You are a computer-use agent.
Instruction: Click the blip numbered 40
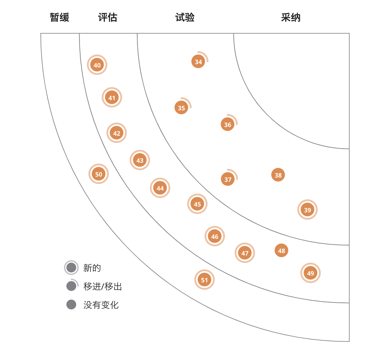pos(97,65)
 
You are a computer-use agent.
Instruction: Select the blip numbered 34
pos(198,61)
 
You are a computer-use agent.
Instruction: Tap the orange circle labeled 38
pos(278,175)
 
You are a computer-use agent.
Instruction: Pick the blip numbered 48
pos(281,250)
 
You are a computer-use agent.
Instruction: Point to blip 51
pos(205,280)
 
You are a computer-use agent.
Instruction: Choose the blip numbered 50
pos(99,174)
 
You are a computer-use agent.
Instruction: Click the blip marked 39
pos(308,210)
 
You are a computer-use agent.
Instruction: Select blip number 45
pos(197,204)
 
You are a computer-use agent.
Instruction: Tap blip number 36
pos(228,124)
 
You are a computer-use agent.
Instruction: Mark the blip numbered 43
pos(140,160)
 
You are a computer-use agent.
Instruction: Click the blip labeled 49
pos(310,273)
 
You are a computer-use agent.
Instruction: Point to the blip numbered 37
pos(228,179)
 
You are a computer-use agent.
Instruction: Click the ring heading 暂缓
pos(60,17)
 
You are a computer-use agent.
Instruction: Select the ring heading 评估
pos(108,17)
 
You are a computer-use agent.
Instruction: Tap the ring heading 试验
pos(185,17)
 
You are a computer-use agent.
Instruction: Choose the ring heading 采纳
pos(291,17)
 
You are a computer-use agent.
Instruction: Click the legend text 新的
pos(92,268)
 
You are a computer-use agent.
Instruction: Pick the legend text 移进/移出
pos(102,286)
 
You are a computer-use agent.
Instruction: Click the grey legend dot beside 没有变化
pos(71,305)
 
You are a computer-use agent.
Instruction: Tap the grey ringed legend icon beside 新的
pos(71,268)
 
